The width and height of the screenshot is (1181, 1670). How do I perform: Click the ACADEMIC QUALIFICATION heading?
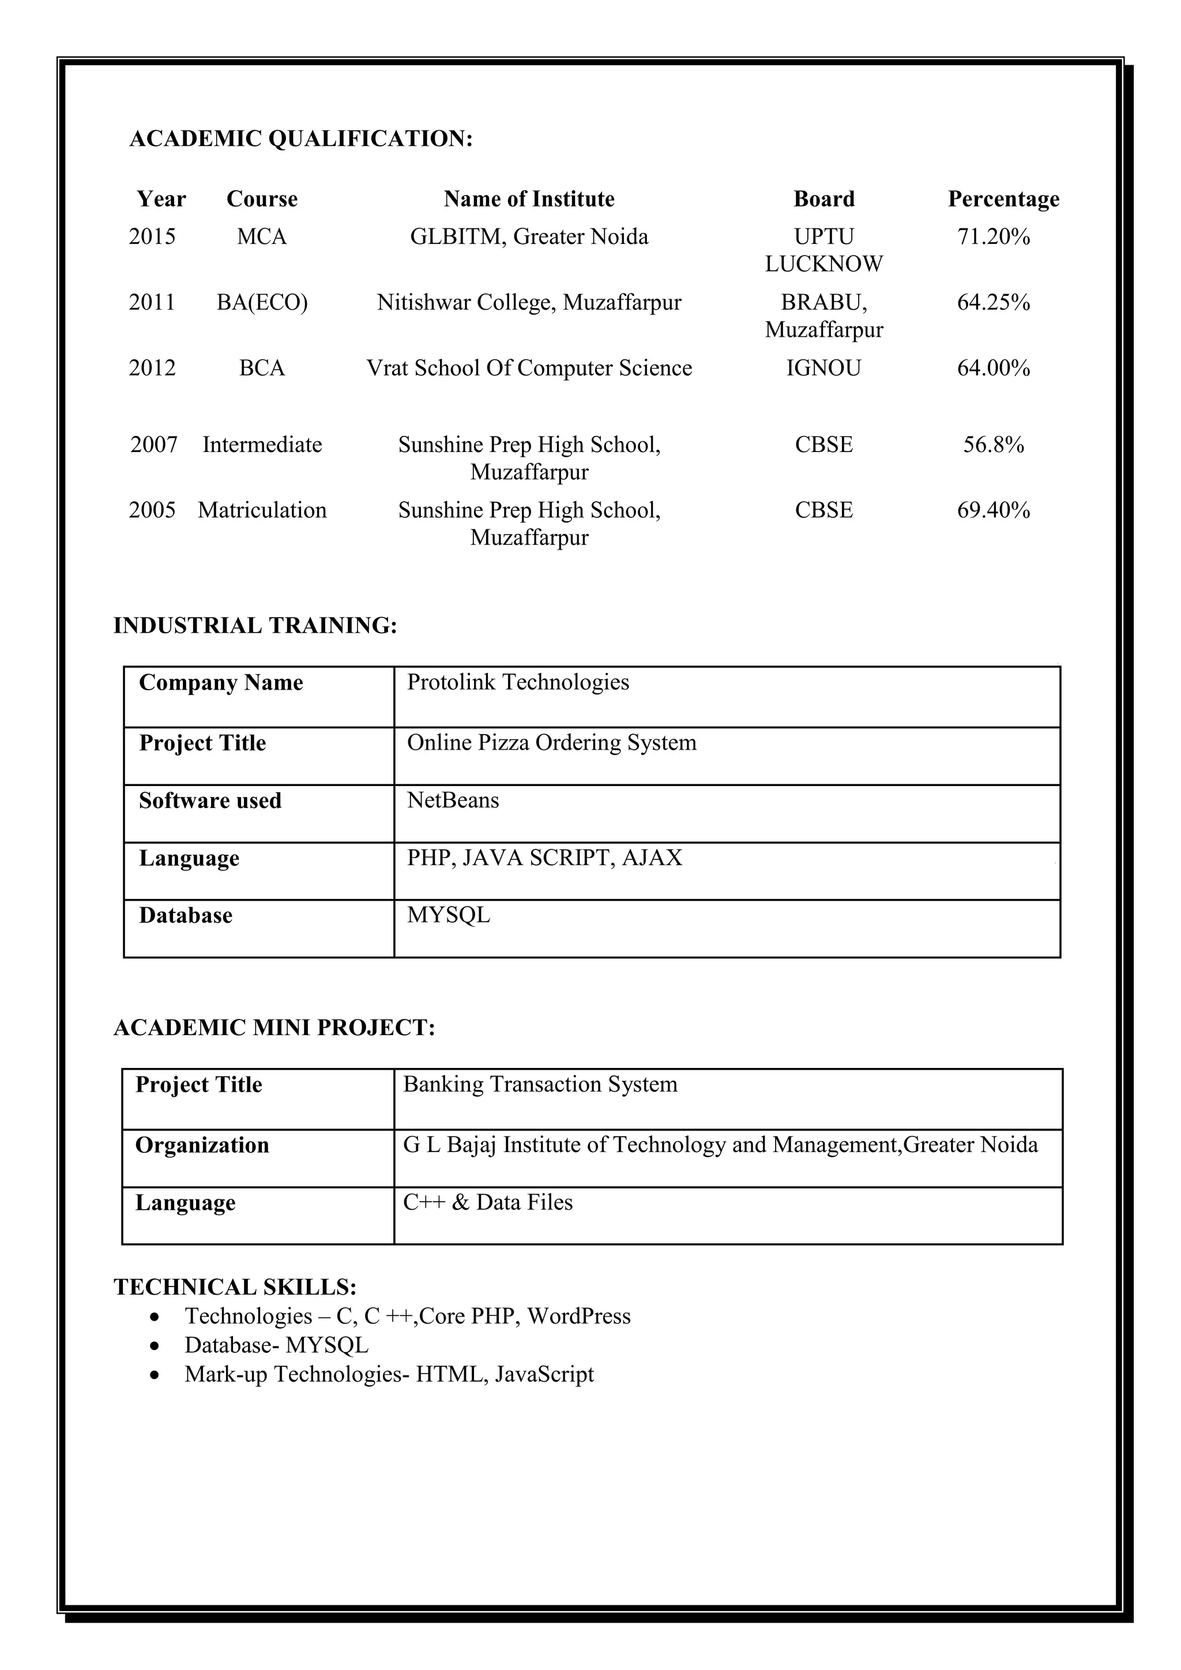click(300, 138)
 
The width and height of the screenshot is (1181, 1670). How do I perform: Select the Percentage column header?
click(1003, 198)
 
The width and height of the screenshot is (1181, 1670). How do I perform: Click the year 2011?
click(152, 302)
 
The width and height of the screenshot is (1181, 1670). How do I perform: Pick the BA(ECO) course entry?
click(262, 302)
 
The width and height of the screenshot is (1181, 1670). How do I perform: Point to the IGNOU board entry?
click(823, 368)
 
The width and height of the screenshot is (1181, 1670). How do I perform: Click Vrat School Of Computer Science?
click(529, 368)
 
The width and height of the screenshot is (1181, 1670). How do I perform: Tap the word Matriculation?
click(262, 510)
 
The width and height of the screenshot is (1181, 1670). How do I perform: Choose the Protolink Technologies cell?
click(518, 682)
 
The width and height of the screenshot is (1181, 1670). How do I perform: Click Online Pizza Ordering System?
click(551, 743)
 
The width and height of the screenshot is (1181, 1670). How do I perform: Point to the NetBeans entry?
click(453, 800)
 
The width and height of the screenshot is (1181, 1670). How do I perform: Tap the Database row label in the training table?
click(186, 916)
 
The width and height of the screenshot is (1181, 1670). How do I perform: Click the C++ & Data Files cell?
click(487, 1202)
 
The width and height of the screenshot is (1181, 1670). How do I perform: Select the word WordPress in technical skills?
click(579, 1316)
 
